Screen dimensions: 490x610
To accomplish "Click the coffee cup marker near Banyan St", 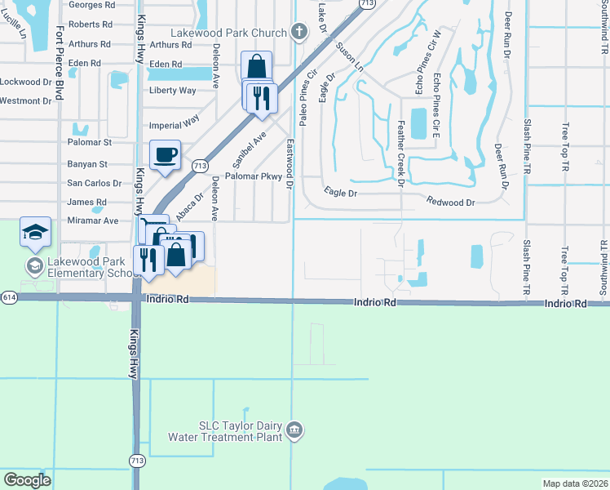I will tap(166, 155).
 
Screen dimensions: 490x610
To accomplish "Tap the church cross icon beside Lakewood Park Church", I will tap(299, 33).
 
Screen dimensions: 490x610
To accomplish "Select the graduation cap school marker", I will tap(35, 233).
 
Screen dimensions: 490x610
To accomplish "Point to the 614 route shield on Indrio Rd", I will tap(7, 296).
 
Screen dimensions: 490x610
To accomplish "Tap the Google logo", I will tap(28, 480).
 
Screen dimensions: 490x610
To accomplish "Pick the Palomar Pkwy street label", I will tap(253, 176).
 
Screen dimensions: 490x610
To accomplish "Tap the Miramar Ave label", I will tap(93, 220).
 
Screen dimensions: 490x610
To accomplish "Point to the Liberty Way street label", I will tap(173, 91).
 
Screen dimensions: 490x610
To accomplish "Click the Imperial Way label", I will tap(175, 124).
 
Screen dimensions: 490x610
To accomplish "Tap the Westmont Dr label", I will tap(25, 101).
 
